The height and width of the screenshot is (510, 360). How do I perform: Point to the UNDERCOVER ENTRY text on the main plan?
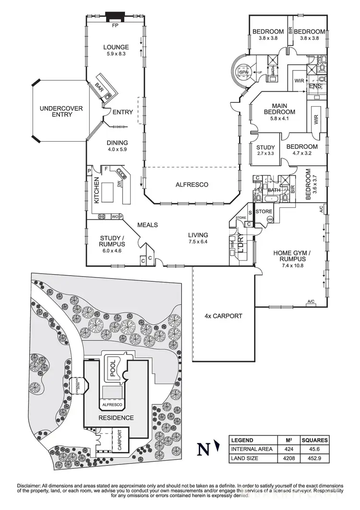[61, 111]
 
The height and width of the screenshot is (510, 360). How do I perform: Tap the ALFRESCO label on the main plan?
[191, 184]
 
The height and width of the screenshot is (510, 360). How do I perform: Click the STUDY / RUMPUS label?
[113, 240]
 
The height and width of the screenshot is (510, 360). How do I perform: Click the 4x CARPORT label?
[223, 316]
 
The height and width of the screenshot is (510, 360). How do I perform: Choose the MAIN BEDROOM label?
[283, 109]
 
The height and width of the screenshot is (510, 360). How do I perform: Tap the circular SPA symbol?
[242, 73]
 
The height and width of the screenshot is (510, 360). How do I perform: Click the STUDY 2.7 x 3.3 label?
[265, 150]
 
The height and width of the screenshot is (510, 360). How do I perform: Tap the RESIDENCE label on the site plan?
[117, 417]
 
